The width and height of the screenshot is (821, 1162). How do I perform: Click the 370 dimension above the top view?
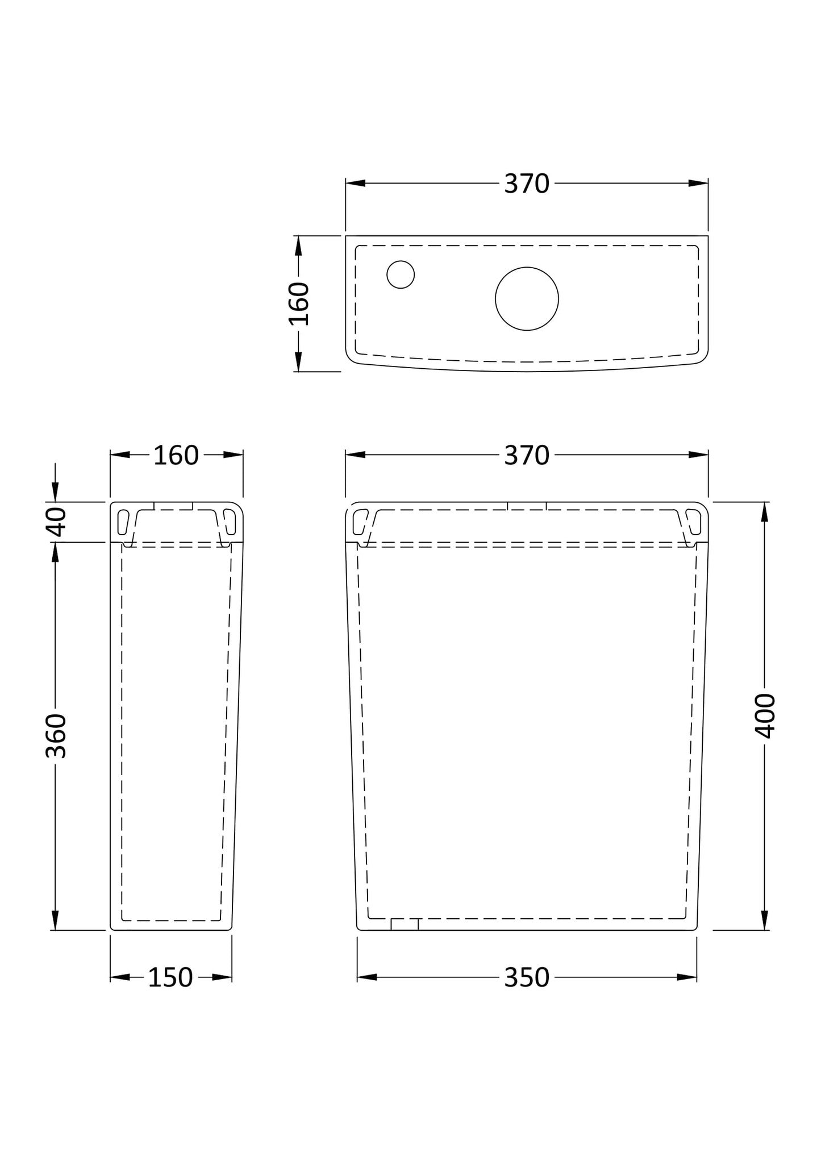[526, 184]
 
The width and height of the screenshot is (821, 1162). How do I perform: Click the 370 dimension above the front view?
[526, 456]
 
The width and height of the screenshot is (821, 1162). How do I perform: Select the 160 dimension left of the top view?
[299, 303]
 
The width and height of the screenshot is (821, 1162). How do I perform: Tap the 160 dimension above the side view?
[176, 456]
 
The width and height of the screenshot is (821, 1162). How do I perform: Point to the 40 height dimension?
[56, 522]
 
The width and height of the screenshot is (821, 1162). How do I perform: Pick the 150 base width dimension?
[170, 978]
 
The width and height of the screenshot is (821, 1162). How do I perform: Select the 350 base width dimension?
[526, 978]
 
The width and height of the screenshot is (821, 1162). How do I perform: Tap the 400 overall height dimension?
[765, 716]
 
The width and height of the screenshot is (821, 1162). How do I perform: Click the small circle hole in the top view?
[401, 274]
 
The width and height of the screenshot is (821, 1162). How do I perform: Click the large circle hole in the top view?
[527, 298]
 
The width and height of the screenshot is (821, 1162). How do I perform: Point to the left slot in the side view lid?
[123, 522]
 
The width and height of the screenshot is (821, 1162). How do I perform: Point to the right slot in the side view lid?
[230, 522]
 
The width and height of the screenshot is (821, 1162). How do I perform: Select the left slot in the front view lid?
[360, 521]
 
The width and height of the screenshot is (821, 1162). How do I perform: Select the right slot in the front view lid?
[694, 521]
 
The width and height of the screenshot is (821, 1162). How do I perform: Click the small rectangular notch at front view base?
[405, 924]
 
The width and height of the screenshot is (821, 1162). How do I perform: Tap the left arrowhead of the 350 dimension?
[367, 977]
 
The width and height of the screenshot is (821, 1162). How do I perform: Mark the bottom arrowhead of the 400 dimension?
[765, 920]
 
